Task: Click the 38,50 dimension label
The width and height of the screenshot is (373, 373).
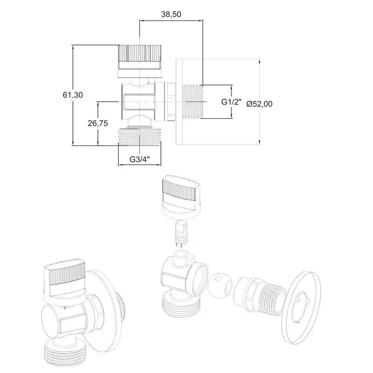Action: pyautogui.click(x=171, y=14)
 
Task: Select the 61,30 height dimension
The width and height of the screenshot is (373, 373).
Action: pyautogui.click(x=73, y=95)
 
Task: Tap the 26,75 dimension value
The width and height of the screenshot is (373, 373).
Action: pyautogui.click(x=98, y=123)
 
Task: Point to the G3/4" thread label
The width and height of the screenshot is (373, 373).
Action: pyautogui.click(x=140, y=159)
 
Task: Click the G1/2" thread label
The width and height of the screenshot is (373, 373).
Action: pyautogui.click(x=231, y=102)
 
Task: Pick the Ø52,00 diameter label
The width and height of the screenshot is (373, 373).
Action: pyautogui.click(x=259, y=104)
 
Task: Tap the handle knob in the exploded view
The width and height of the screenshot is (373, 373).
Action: pyautogui.click(x=181, y=197)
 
